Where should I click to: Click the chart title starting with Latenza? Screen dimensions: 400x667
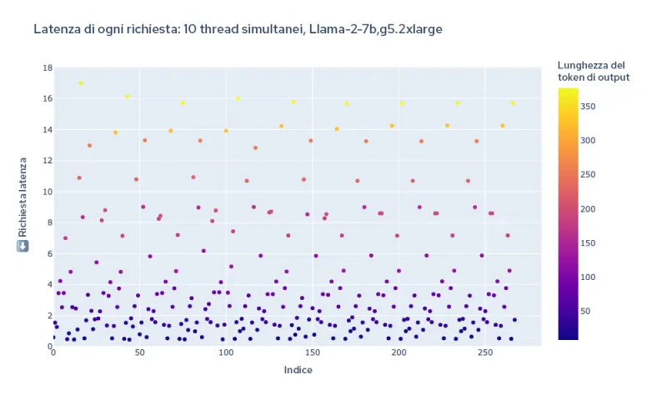click(238, 29)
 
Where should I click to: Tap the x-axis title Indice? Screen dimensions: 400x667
click(298, 370)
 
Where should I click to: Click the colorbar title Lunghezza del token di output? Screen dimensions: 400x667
click(593, 71)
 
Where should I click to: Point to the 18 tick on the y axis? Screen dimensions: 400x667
click(47, 67)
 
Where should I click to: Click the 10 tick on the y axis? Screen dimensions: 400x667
click(47, 192)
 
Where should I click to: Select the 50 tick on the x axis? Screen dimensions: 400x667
click(139, 354)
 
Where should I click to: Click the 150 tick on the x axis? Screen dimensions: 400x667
click(312, 354)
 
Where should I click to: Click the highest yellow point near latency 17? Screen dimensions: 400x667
click(81, 83)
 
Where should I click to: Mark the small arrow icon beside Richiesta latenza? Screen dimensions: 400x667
click(23, 246)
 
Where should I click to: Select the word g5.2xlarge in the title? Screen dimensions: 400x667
click(409, 29)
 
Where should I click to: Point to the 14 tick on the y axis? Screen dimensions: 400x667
click(47, 130)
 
